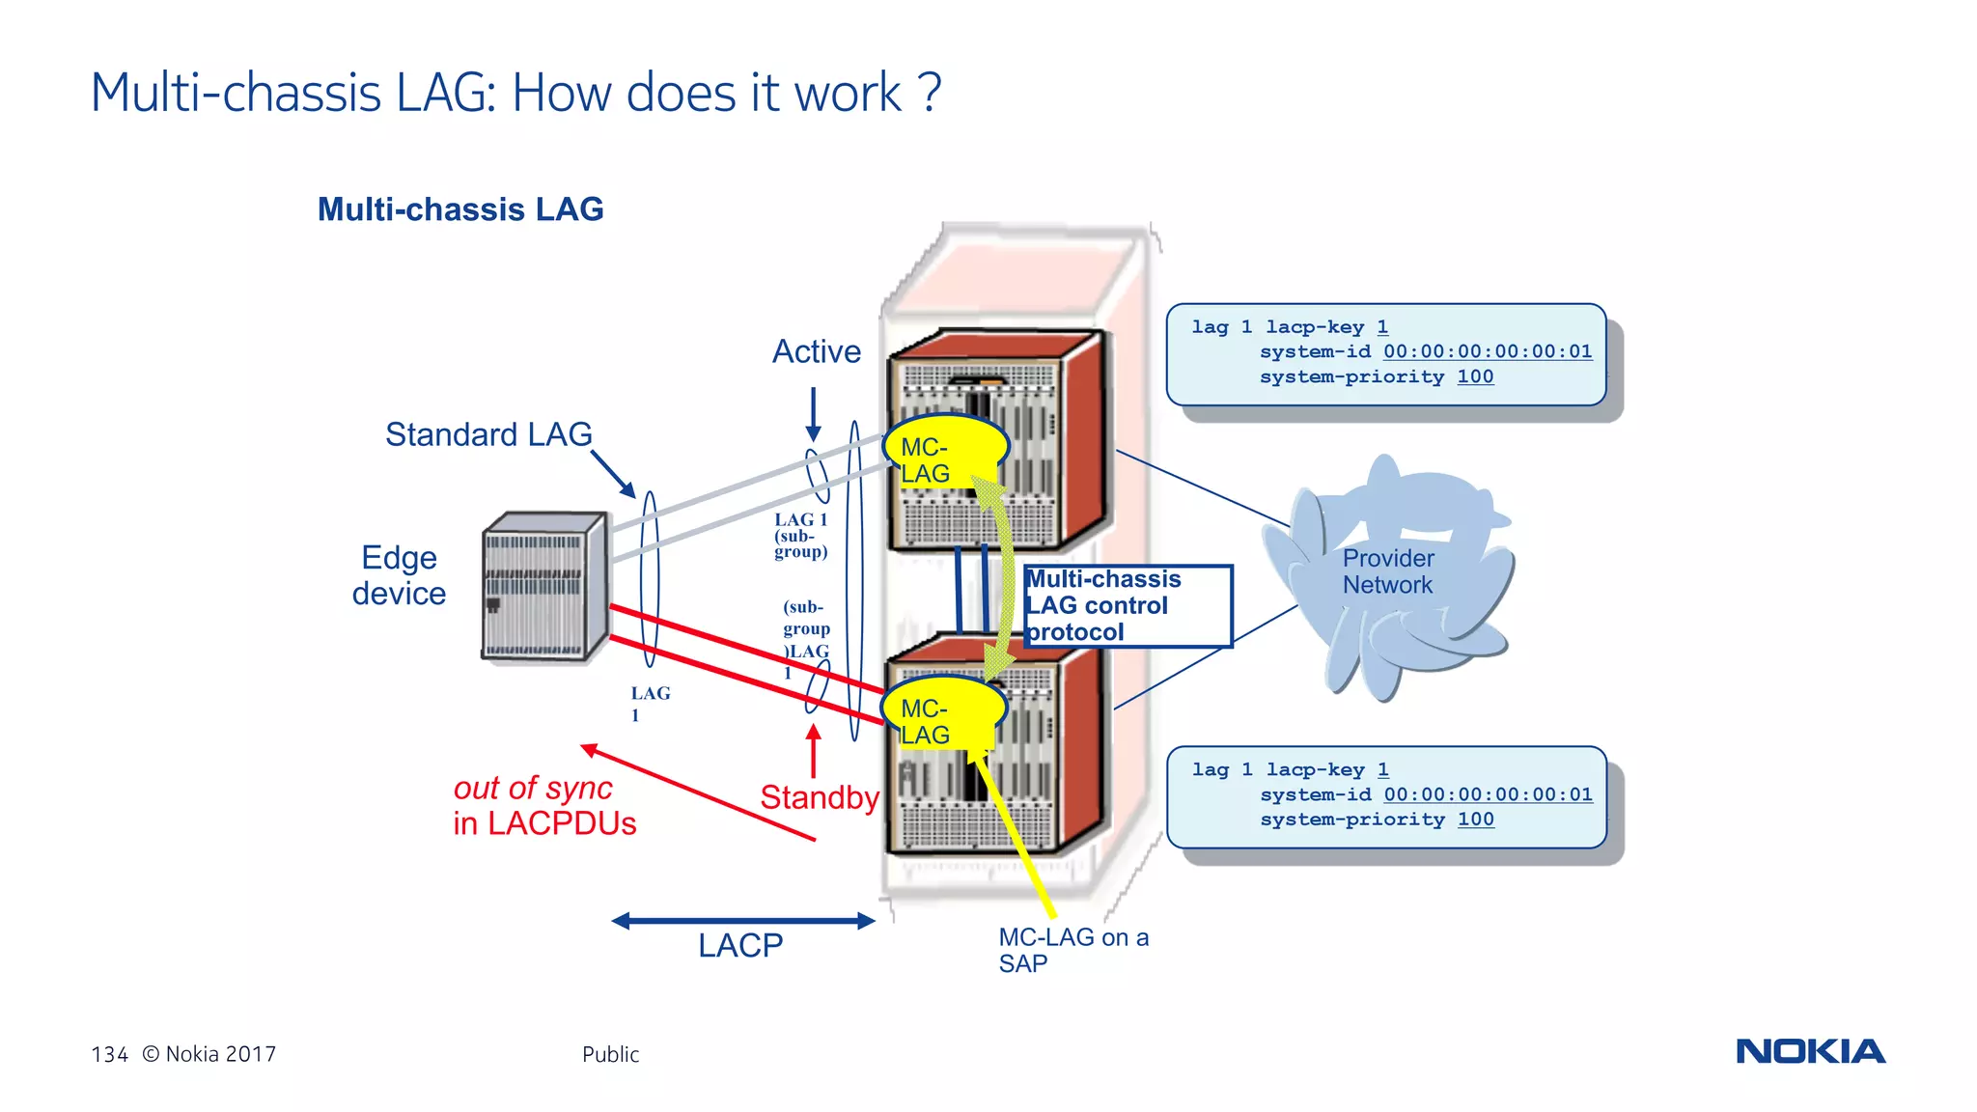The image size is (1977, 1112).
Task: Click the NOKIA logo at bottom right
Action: [x=1810, y=1051]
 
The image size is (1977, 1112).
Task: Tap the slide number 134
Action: [x=109, y=1054]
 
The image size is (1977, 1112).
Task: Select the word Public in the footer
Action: [x=610, y=1054]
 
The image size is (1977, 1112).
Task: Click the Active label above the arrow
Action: [x=816, y=351]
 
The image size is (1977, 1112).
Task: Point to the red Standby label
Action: [x=819, y=797]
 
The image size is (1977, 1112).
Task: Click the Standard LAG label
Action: [x=488, y=434]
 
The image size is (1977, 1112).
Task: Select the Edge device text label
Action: [x=399, y=575]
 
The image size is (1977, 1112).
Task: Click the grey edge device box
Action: [x=544, y=587]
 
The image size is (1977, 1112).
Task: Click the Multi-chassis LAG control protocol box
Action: [x=1127, y=605]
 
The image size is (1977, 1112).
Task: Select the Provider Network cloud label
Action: [x=1387, y=571]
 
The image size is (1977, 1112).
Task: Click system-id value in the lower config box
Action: [x=1488, y=794]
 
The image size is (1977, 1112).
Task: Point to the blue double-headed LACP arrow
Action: [x=742, y=921]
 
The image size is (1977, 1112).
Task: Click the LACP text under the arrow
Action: [x=740, y=946]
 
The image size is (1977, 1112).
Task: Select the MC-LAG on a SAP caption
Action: [x=1072, y=950]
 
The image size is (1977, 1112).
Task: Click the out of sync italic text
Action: [x=533, y=789]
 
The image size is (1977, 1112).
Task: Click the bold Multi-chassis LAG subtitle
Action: [x=460, y=209]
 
